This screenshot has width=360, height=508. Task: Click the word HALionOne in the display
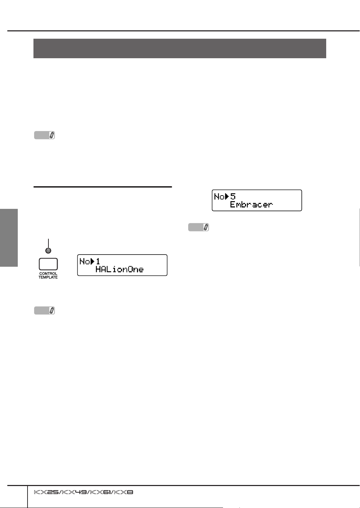(x=120, y=269)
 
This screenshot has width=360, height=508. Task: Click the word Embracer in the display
(x=251, y=204)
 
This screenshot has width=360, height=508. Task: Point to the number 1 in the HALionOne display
(x=98, y=261)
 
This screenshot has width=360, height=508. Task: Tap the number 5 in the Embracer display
(x=233, y=196)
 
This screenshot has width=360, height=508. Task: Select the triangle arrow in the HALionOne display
(x=92, y=261)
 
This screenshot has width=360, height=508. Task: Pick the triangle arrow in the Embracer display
(x=227, y=197)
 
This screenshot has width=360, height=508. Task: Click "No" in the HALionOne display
(x=85, y=261)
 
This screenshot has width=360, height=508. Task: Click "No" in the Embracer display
(x=219, y=197)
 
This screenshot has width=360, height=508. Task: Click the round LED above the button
(x=48, y=250)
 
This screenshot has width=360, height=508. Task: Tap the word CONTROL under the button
(x=48, y=274)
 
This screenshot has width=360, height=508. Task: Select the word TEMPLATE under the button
(x=48, y=277)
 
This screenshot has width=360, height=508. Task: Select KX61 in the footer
(x=101, y=493)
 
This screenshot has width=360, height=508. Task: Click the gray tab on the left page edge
(x=9, y=237)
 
